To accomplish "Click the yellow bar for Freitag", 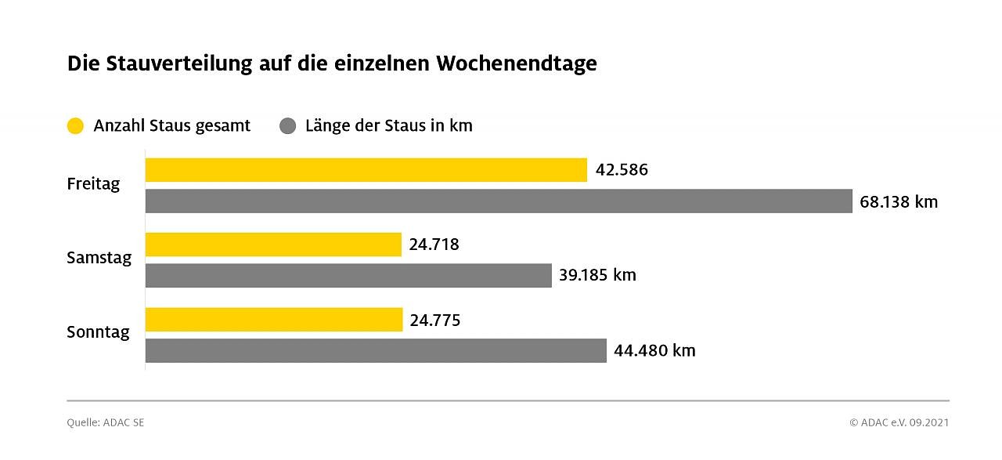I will tap(366, 170).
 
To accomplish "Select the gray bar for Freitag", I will tap(499, 201).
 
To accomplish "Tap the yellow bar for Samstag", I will tap(273, 244).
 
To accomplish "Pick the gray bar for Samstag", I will tap(348, 275).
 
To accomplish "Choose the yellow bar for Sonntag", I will tap(274, 320).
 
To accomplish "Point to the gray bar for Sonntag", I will tap(376, 350).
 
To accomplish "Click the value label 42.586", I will tap(622, 170).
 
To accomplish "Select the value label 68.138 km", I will tap(898, 202).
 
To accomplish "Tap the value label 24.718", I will tap(434, 244).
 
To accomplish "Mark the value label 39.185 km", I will tap(597, 275).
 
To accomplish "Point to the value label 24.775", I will tap(434, 320).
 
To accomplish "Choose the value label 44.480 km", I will tap(654, 350).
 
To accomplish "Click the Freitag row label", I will tap(93, 185).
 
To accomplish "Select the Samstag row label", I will tap(99, 258).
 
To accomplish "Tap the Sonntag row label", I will tap(98, 332).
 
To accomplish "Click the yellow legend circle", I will tap(75, 126).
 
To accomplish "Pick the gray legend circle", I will tap(288, 126).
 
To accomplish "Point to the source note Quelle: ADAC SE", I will tap(105, 422).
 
